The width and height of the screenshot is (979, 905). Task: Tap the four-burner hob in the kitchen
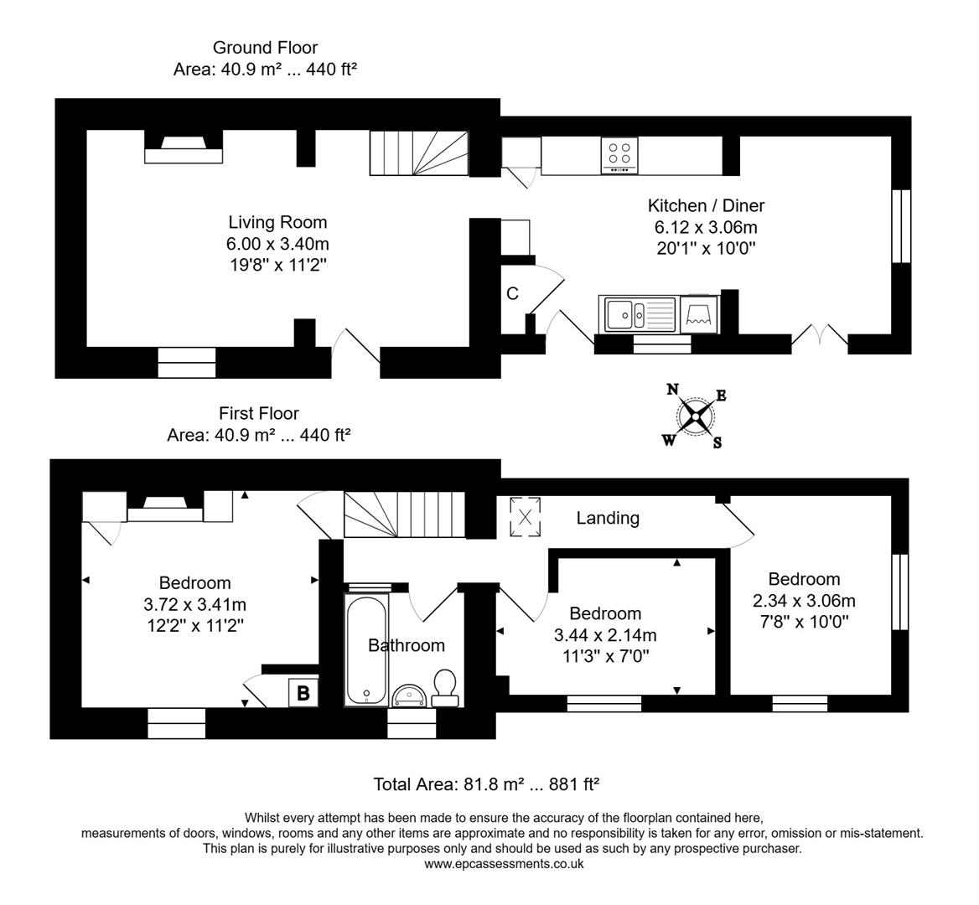(619, 156)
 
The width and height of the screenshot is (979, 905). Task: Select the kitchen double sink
(637, 314)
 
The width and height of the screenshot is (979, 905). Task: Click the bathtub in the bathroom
(366, 650)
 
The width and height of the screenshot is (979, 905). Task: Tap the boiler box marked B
(303, 693)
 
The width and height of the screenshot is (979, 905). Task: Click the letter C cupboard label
(512, 294)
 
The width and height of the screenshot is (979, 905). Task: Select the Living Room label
(277, 222)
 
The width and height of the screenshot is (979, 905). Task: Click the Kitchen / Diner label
(706, 205)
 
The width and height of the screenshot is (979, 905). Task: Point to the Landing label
(608, 518)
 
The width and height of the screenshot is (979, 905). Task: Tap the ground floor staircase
(419, 154)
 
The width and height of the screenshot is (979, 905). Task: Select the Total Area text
(486, 784)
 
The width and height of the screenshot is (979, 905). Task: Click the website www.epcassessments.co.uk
(503, 864)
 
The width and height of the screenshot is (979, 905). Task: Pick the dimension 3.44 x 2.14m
(604, 634)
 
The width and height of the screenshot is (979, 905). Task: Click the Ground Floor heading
(265, 48)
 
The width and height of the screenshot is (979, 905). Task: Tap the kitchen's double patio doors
(819, 334)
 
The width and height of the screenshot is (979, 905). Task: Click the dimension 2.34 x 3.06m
(804, 600)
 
